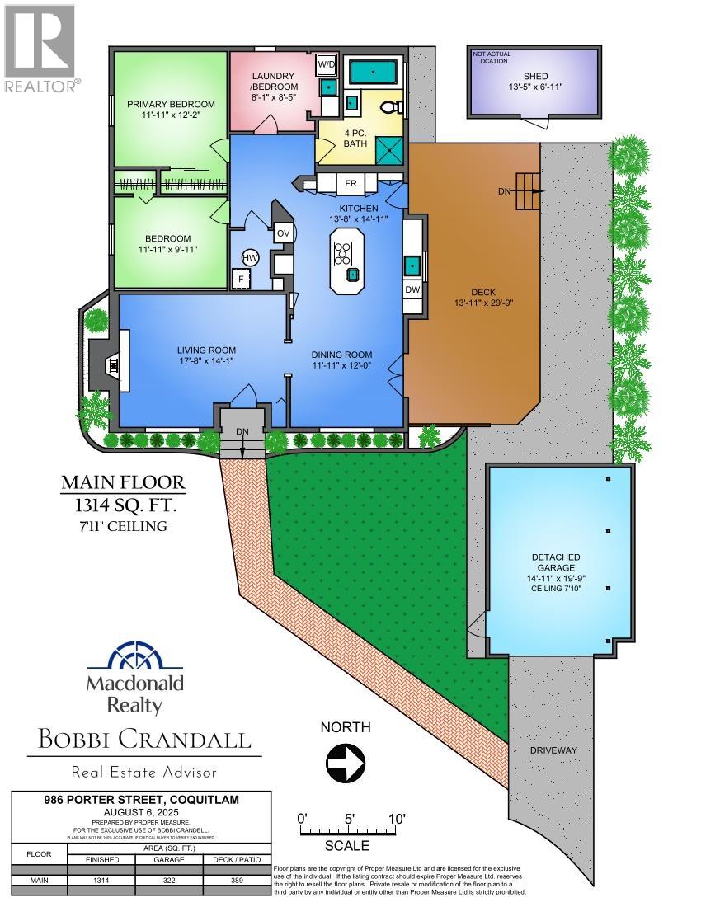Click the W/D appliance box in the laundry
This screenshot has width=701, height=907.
coord(326,63)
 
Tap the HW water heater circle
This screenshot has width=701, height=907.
coord(250,257)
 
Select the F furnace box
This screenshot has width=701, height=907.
coord(242,279)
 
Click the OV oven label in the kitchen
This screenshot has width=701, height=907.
coord(282,233)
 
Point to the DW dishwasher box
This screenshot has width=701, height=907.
coord(412,290)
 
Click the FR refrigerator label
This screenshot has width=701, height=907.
coord(350,183)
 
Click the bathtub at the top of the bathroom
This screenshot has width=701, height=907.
coord(373,71)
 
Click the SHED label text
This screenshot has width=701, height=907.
coord(529,77)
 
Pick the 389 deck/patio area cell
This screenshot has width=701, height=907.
coord(237,881)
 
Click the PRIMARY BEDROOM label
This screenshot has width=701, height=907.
coord(171,104)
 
